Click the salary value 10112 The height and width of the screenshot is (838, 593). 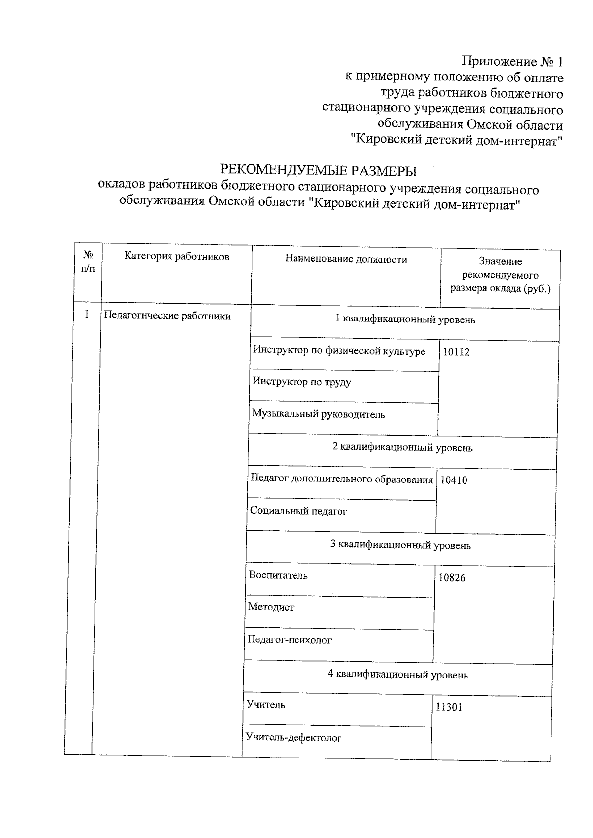click(456, 352)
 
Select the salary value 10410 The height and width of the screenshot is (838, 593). click(453, 480)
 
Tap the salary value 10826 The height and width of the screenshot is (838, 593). click(452, 578)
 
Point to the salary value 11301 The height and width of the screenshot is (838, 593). click(449, 707)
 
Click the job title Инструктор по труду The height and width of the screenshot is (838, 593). click(301, 382)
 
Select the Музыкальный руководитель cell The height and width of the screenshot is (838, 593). click(318, 414)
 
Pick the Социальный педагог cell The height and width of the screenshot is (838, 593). click(298, 511)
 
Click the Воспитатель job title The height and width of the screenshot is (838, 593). click(278, 575)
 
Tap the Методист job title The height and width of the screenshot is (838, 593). click(271, 607)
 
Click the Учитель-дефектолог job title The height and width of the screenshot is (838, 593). click(294, 738)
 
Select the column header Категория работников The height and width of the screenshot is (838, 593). click(176, 256)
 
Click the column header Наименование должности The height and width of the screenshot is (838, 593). click(346, 259)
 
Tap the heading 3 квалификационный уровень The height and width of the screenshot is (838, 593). click(400, 545)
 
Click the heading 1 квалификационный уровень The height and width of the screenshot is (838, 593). click(405, 319)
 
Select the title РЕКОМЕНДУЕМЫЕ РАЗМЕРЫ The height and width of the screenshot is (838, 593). click(318, 171)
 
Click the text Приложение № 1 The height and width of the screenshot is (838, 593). click(512, 62)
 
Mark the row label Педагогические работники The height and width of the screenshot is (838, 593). click(167, 316)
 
